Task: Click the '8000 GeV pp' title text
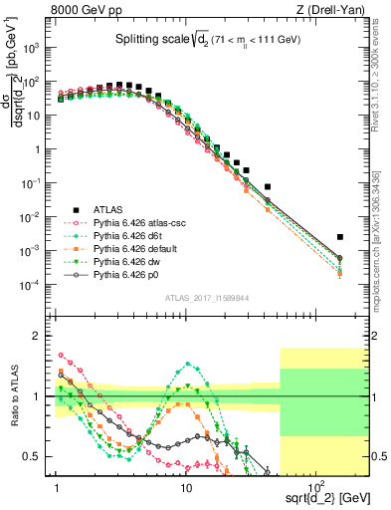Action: pyautogui.click(x=84, y=10)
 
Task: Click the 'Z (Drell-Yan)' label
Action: pyautogui.click(x=335, y=10)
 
